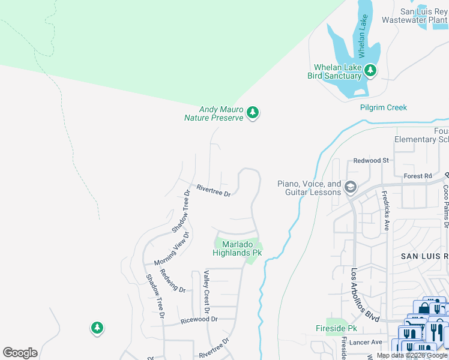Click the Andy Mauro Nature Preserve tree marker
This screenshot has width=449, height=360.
253,113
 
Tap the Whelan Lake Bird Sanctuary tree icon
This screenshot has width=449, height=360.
370,71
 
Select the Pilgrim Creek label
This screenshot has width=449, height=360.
383,108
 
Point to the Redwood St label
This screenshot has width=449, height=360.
371,161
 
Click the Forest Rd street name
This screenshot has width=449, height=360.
418,176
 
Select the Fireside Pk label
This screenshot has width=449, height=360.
336,329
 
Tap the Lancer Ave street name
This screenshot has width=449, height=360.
367,342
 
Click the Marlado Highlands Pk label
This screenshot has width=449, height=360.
237,248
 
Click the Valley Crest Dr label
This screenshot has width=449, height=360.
206,292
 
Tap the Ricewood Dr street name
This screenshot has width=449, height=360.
199,320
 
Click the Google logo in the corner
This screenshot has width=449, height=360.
20,353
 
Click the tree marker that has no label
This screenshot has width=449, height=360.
97,328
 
